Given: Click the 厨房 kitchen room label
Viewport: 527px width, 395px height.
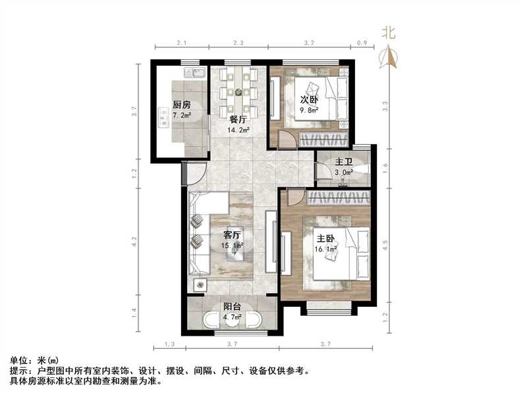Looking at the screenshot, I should coord(182,105).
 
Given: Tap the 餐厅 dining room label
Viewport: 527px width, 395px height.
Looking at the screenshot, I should coord(238,120).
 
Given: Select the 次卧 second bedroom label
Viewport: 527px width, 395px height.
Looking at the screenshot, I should coord(310,99).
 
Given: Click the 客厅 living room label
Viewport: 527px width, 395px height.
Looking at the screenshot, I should coord(232,235).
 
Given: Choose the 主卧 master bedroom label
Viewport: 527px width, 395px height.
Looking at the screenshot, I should coord(326,240).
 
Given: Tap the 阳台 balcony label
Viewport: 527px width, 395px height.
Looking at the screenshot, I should coord(231,306).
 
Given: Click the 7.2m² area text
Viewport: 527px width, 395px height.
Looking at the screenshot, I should coord(182,115).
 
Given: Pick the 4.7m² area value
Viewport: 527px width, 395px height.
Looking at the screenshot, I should coord(232,317).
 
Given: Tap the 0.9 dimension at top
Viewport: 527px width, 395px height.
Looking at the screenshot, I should coord(362,42).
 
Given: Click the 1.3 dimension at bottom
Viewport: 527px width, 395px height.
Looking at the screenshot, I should coord(169,344).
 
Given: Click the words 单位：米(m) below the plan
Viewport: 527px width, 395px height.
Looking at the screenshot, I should coord(34,360).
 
